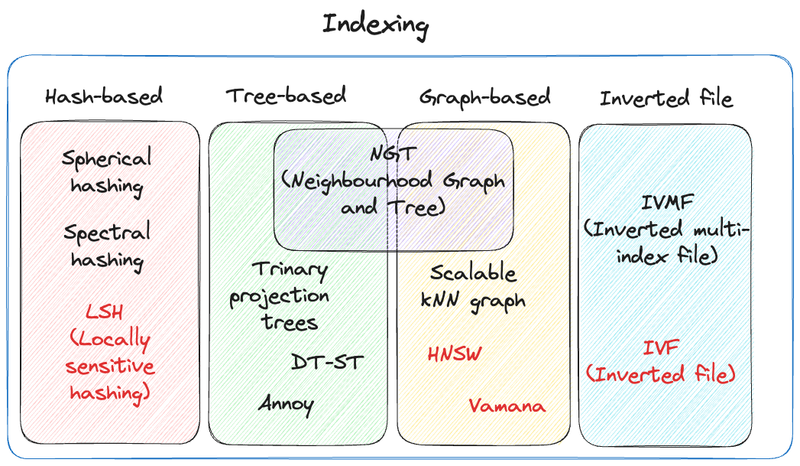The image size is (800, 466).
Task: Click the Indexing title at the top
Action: tap(375, 24)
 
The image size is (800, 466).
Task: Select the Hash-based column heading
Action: tap(104, 97)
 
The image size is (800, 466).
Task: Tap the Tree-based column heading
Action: tap(286, 96)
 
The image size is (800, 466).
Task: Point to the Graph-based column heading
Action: tap(484, 97)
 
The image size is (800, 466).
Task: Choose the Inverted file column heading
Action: tap(666, 99)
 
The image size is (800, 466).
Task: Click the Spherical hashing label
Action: tap(107, 172)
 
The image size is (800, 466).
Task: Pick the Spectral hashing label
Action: tap(107, 245)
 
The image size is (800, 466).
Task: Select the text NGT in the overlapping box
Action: tap(393, 154)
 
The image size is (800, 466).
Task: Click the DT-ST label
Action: tap(326, 361)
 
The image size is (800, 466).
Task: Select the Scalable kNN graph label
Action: tap(473, 286)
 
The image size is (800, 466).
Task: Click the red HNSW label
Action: tap(455, 354)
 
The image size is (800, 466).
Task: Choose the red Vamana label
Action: tap(507, 406)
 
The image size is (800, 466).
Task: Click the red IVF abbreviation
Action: tap(661, 349)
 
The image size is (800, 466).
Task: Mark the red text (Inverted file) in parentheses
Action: tap(661, 374)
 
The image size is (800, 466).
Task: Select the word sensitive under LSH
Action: tap(110, 366)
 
